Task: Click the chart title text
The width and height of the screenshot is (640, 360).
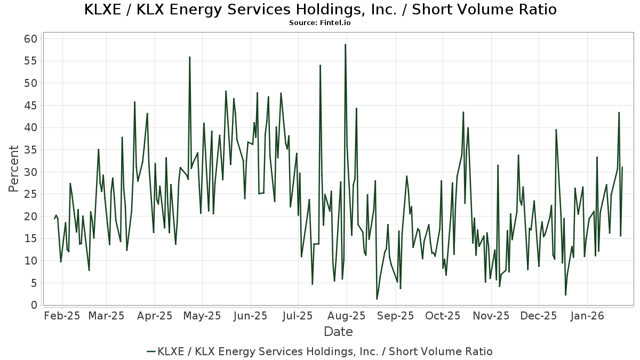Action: click(320, 10)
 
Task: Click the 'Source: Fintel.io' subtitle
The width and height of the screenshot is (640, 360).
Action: click(320, 23)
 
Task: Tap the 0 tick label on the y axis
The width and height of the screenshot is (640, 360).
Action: click(34, 305)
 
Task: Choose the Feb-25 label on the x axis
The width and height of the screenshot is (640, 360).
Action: click(62, 316)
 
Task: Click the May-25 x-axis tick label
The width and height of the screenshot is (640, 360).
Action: click(203, 316)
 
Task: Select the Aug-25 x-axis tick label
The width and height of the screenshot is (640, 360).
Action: click(347, 316)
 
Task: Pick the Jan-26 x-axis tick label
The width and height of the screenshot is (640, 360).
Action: click(587, 316)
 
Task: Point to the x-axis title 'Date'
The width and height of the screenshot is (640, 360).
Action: click(338, 332)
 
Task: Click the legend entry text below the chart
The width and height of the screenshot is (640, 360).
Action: click(325, 351)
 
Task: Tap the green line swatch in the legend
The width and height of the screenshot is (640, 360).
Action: click(151, 351)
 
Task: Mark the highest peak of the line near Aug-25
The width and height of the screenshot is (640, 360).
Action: click(345, 44)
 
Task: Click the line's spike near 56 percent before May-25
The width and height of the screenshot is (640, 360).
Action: click(189, 57)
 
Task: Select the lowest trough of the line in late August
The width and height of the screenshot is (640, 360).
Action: click(377, 299)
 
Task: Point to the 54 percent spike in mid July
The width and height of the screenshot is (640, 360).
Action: click(320, 65)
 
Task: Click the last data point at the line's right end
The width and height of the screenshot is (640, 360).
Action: click(622, 167)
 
